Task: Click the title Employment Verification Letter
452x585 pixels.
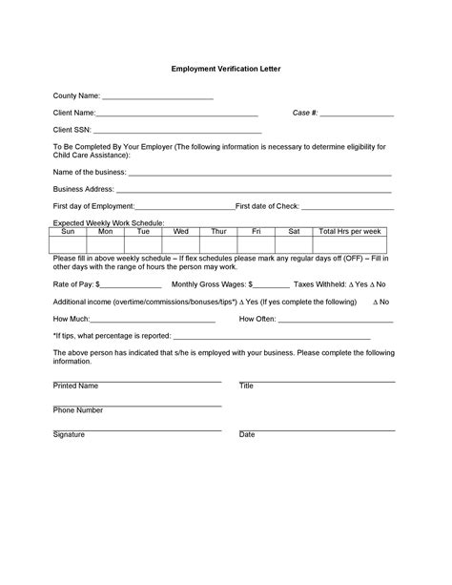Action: (226, 70)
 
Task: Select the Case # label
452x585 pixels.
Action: (305, 114)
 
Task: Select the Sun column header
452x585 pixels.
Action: (68, 232)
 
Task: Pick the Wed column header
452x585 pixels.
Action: (180, 232)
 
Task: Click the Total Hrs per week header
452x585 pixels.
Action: (349, 232)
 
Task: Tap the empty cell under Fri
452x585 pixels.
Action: (257, 245)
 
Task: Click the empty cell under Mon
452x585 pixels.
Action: (105, 245)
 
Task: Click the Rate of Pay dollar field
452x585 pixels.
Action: (132, 285)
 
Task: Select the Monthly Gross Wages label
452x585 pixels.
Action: (209, 284)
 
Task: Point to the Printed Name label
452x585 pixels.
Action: (75, 387)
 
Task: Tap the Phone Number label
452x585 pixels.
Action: (78, 410)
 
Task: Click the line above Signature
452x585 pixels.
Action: (137, 428)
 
